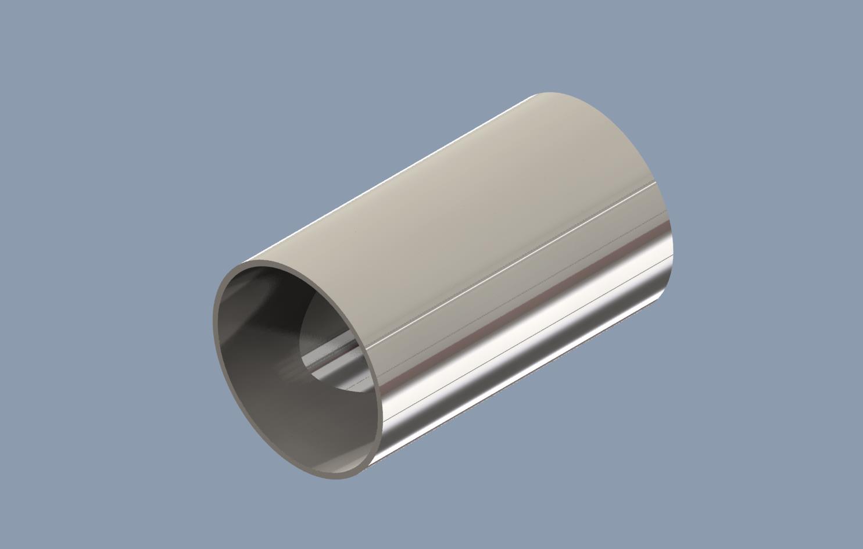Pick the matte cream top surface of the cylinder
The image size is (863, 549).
pos(465,192)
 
